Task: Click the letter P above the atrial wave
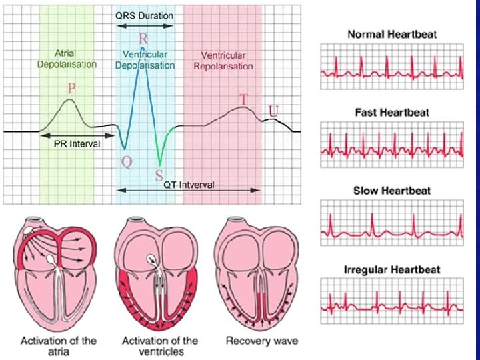click(71, 88)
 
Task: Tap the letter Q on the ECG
click(125, 161)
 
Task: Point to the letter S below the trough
click(159, 175)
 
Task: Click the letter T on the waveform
click(244, 99)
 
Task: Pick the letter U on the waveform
click(273, 109)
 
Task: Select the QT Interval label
click(189, 185)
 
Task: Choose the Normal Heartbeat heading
click(392, 35)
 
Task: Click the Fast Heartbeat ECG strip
click(392, 140)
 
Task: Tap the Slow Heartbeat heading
click(392, 191)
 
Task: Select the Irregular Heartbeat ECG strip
click(392, 298)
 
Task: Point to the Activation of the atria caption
click(59, 346)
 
